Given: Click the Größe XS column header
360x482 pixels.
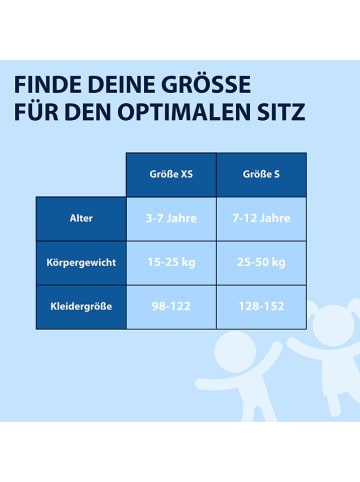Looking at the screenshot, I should click(x=171, y=174).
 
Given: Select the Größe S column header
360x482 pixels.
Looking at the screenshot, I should click(x=261, y=174).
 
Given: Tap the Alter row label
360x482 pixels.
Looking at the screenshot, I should click(x=81, y=218).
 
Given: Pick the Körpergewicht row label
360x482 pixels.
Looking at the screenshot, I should click(x=81, y=262).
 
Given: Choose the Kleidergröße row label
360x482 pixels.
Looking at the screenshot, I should click(x=81, y=306).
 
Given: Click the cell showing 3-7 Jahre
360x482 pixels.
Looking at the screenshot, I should click(x=171, y=218).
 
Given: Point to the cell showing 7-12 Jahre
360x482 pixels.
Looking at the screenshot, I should click(x=261, y=218).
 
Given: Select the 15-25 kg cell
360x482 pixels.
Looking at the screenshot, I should click(x=171, y=262).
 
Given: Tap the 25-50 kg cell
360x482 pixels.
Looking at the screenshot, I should click(x=261, y=262).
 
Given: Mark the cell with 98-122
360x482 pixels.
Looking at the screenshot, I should click(x=171, y=306).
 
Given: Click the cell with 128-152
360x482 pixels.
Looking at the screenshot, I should click(x=261, y=306).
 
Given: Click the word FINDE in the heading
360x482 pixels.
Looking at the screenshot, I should click(x=48, y=82).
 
